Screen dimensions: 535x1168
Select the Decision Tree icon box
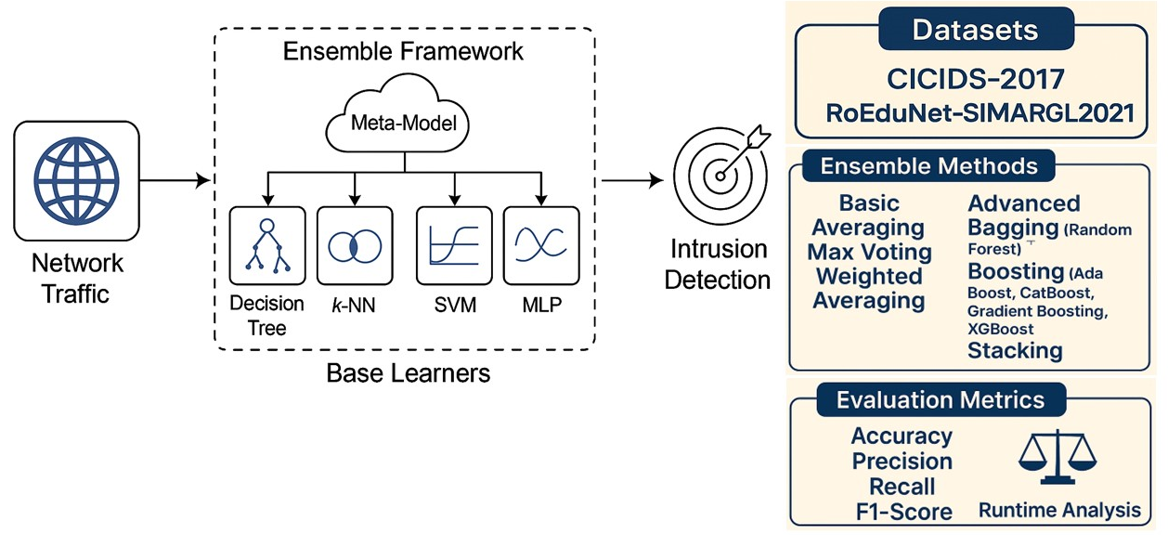coord(266,245)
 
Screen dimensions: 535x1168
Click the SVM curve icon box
coord(454,245)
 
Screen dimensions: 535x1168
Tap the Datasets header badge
coord(975,31)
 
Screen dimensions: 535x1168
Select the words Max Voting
coord(869,253)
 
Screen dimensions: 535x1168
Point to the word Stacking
coord(1015,350)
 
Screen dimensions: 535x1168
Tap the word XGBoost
coord(1001,329)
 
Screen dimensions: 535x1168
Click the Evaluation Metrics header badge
coord(941,400)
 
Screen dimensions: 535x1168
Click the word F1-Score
coord(902,511)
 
